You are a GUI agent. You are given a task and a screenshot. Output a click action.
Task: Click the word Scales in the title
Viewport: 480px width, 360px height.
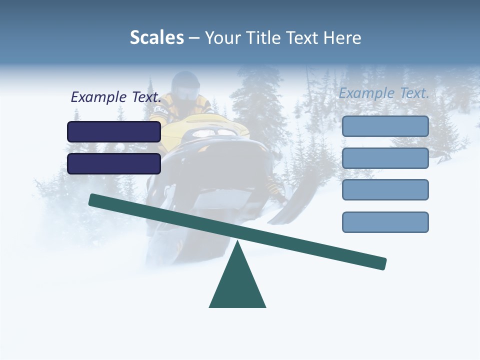point(156,38)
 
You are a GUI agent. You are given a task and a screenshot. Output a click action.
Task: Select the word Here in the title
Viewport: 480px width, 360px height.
point(342,38)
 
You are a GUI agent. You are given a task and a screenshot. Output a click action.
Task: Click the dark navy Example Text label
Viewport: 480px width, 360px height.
point(116,97)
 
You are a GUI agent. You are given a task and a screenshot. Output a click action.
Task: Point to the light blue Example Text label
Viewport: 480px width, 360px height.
point(384,93)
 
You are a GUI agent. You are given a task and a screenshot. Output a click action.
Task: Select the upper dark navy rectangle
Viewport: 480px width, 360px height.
point(114,131)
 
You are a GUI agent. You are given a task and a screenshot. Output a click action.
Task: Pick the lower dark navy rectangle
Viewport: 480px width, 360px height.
point(114,163)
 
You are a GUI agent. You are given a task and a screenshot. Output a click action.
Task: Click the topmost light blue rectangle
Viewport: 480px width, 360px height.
point(385,126)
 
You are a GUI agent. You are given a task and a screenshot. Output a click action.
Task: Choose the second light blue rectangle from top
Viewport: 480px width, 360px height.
point(385,158)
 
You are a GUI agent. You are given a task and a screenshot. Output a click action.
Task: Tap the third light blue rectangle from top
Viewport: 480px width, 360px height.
point(385,190)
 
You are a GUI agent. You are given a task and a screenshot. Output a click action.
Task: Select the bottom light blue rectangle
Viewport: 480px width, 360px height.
point(385,222)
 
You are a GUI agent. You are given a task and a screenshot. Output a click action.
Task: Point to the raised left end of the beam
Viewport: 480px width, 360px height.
point(95,200)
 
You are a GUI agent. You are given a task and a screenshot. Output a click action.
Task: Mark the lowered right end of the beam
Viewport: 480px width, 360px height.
point(380,263)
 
